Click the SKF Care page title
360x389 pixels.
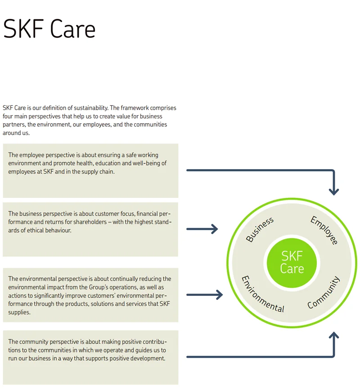pyautogui.click(x=49, y=29)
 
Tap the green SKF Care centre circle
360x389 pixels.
pyautogui.click(x=292, y=262)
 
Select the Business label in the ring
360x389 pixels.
pyautogui.click(x=260, y=229)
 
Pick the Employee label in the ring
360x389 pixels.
pyautogui.click(x=324, y=230)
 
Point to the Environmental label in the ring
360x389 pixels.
pyautogui.click(x=263, y=294)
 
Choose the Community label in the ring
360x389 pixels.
pyautogui.click(x=324, y=293)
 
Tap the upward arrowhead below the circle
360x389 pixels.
pyautogui.click(x=333, y=336)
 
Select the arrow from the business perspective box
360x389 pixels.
pyautogui.click(x=202, y=229)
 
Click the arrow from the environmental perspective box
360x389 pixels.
pyautogui.click(x=204, y=295)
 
